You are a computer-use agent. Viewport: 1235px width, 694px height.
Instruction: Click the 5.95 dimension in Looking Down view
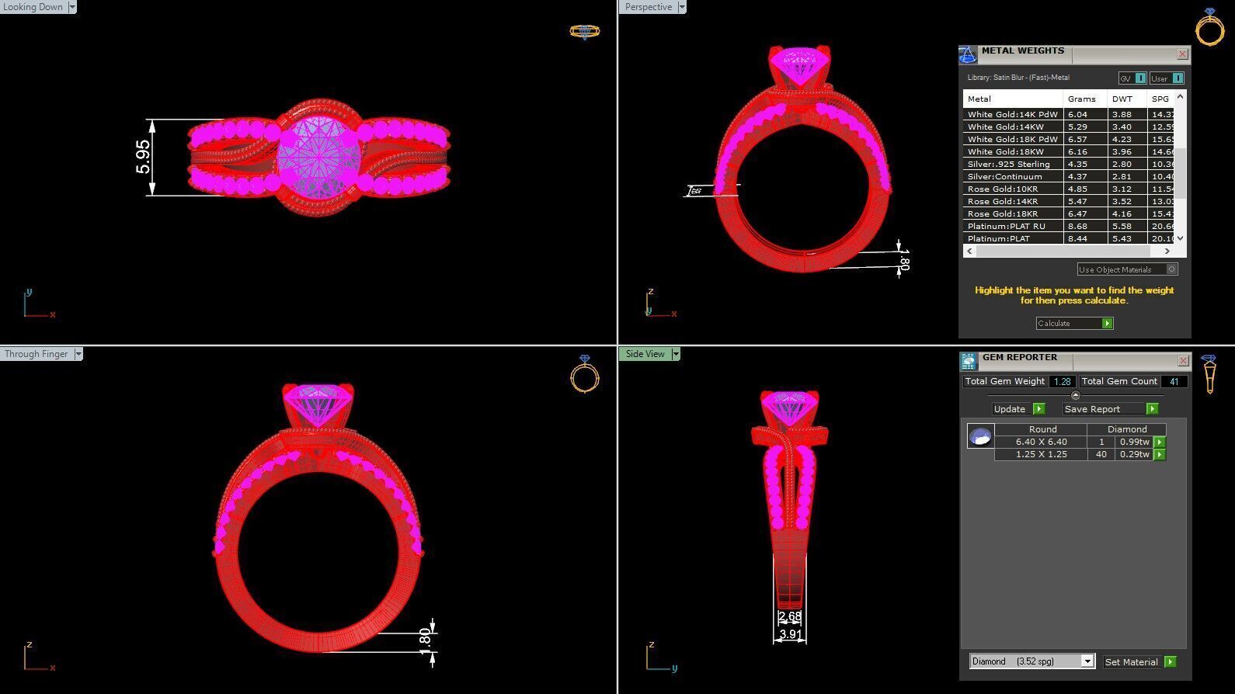143,157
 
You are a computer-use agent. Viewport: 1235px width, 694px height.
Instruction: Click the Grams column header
1081,99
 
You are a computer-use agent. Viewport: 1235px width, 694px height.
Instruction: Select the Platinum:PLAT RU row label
1006,226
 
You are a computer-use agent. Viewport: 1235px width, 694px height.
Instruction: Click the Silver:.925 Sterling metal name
1008,164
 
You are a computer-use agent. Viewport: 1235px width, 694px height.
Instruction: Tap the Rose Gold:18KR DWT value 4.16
1122,213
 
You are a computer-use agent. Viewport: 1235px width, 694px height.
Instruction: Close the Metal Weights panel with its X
1182,54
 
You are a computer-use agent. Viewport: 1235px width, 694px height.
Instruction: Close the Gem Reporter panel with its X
1183,360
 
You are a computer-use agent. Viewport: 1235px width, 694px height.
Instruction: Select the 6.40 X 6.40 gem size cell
1041,442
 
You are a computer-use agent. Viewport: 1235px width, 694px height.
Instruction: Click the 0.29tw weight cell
1134,454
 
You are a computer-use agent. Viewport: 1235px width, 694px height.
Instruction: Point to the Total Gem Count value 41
1174,381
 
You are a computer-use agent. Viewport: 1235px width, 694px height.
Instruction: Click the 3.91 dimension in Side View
790,634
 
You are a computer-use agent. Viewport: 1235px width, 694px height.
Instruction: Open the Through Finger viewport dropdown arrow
78,354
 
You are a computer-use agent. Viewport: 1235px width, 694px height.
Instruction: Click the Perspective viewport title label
648,7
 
